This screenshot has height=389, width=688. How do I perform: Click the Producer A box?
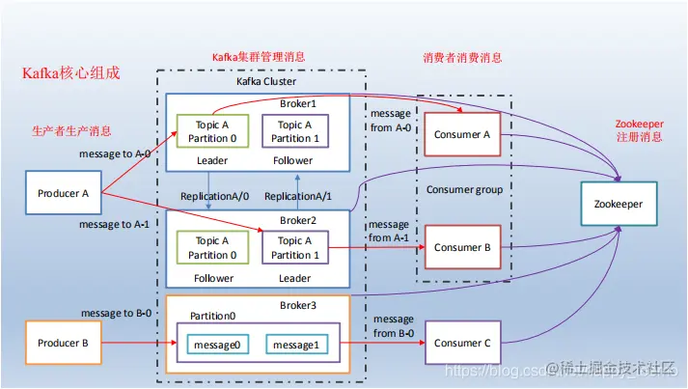tap(64, 193)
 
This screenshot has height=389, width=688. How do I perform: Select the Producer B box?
tap(64, 343)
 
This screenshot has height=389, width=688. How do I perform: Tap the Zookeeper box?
tap(618, 205)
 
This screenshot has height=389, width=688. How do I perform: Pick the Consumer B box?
tap(462, 247)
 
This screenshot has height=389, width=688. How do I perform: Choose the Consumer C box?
tap(462, 343)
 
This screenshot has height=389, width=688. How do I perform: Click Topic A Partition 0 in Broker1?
tap(212, 131)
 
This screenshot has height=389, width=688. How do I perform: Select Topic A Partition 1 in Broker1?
tap(294, 131)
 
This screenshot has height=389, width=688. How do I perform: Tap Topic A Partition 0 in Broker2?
tap(212, 248)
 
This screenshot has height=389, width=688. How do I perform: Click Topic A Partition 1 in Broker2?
tap(294, 248)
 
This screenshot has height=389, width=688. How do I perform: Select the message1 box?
tap(296, 345)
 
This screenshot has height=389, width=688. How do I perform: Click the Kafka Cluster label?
tap(267, 81)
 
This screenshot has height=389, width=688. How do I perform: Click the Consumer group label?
tap(464, 190)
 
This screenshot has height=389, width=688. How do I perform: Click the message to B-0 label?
tap(115, 313)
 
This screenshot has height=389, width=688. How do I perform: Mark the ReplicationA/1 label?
tap(296, 196)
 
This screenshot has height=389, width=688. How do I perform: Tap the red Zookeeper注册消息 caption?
tap(639, 132)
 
